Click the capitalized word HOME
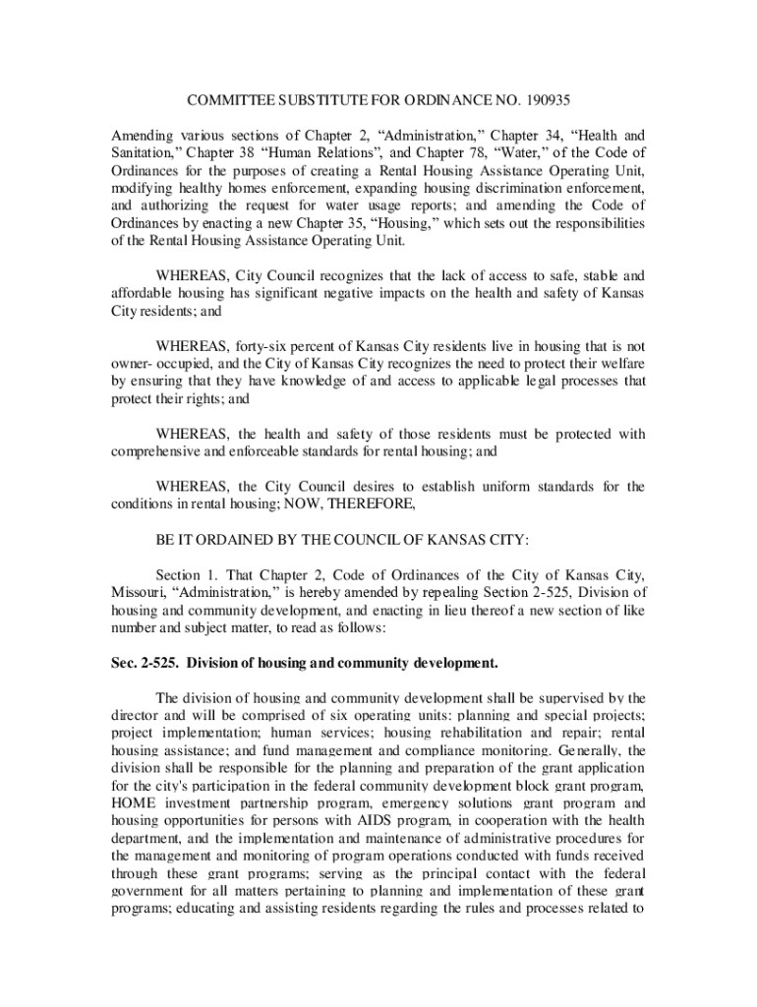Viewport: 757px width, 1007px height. tap(133, 804)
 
